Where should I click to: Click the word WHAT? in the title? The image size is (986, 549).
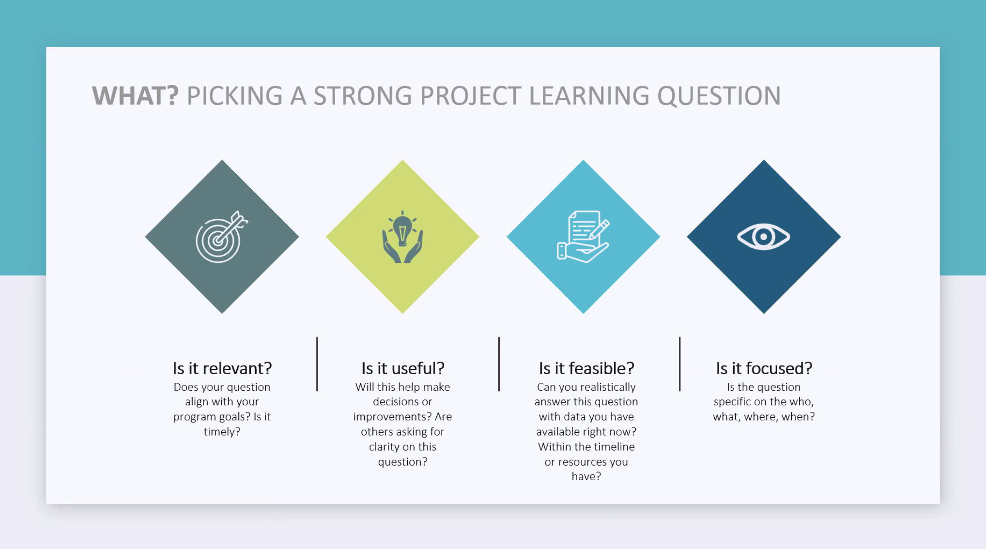point(135,96)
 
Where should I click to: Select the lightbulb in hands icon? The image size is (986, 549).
point(402,237)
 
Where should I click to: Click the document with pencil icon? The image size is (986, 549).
point(583,237)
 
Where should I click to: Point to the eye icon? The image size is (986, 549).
point(764,237)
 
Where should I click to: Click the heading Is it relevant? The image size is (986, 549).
point(222,368)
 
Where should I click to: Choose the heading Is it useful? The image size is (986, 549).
point(403,368)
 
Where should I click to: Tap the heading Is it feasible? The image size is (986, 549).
point(586,368)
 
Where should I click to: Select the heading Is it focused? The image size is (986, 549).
point(764,368)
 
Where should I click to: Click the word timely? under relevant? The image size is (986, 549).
point(222,432)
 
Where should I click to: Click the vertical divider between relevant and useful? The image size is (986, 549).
point(317,364)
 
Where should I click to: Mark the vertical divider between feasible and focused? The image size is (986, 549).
point(680,364)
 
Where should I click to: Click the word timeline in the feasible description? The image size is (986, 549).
point(614,447)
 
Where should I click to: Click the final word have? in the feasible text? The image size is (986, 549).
point(586,476)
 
